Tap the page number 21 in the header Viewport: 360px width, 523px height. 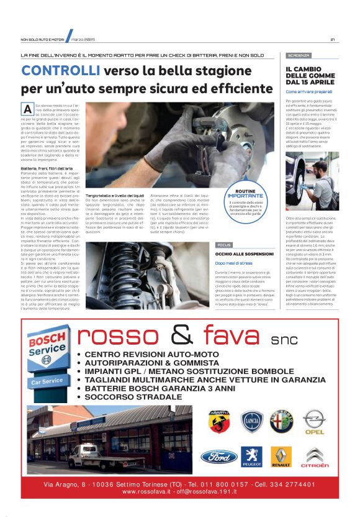tap(333, 40)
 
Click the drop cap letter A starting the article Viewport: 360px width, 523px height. tap(27, 109)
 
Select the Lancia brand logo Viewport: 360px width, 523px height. tap(252, 422)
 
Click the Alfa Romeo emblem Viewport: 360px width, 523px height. tap(282, 422)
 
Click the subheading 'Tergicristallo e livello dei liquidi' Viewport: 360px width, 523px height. tap(115, 195)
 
